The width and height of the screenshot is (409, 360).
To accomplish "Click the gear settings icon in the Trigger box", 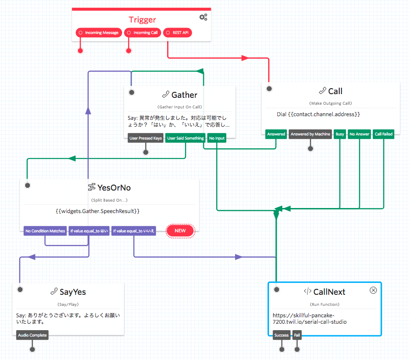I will [203, 17].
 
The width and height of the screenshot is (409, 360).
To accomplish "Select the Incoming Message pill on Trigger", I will [99, 33].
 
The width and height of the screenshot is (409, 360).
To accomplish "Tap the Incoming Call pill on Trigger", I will [142, 33].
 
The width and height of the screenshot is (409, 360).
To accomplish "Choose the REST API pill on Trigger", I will [177, 33].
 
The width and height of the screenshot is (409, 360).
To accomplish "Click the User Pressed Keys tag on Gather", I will [146, 138].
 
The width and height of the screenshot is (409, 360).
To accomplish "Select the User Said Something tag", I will [185, 138].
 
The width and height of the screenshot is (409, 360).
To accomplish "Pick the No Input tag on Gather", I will [217, 138].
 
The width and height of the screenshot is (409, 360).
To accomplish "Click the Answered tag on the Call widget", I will [276, 134].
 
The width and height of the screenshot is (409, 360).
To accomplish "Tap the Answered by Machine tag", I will [310, 134].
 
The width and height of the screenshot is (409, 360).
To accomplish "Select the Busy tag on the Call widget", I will [340, 134].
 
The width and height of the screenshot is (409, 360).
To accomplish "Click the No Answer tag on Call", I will [359, 134].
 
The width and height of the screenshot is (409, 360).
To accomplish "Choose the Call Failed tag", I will [383, 134].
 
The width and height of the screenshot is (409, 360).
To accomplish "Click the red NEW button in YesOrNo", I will [180, 231].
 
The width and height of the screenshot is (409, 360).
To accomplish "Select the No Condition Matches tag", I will [45, 231].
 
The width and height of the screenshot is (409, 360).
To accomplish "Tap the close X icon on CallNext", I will [373, 290].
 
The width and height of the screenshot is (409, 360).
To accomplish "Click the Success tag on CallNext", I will [281, 335].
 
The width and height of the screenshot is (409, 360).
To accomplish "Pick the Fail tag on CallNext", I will [297, 335].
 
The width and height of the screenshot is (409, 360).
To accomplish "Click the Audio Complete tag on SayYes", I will [32, 335].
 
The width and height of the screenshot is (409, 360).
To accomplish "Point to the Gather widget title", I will [184, 95].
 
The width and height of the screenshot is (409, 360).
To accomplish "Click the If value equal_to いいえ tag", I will [134, 231].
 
